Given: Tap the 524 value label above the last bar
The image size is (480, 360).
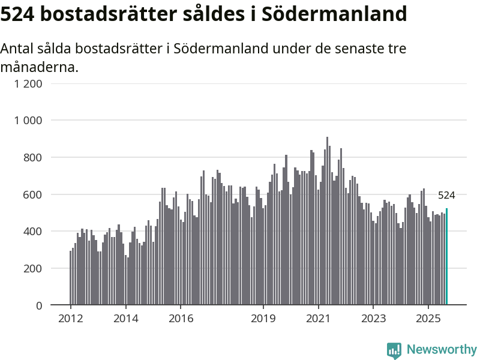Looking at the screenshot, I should [446, 195].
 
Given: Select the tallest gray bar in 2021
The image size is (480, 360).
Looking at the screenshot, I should [327, 222].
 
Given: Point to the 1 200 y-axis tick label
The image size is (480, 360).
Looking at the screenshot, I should [28, 83].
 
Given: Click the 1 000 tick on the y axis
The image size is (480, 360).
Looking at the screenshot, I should [28, 121].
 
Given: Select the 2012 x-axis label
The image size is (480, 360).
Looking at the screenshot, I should [70, 318].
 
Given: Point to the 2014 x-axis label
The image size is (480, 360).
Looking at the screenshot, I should [125, 318].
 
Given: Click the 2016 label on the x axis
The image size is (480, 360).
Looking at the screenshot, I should [181, 318].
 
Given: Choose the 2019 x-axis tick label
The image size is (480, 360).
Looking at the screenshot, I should [263, 318].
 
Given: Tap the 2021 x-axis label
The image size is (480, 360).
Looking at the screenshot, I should [318, 318].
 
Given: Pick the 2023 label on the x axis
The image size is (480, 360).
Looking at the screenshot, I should [373, 318].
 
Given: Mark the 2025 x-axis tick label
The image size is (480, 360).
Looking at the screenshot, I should [428, 318].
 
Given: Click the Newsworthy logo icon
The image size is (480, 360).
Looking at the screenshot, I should [394, 350].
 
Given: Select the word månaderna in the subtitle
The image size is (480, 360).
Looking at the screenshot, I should [39, 67].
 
